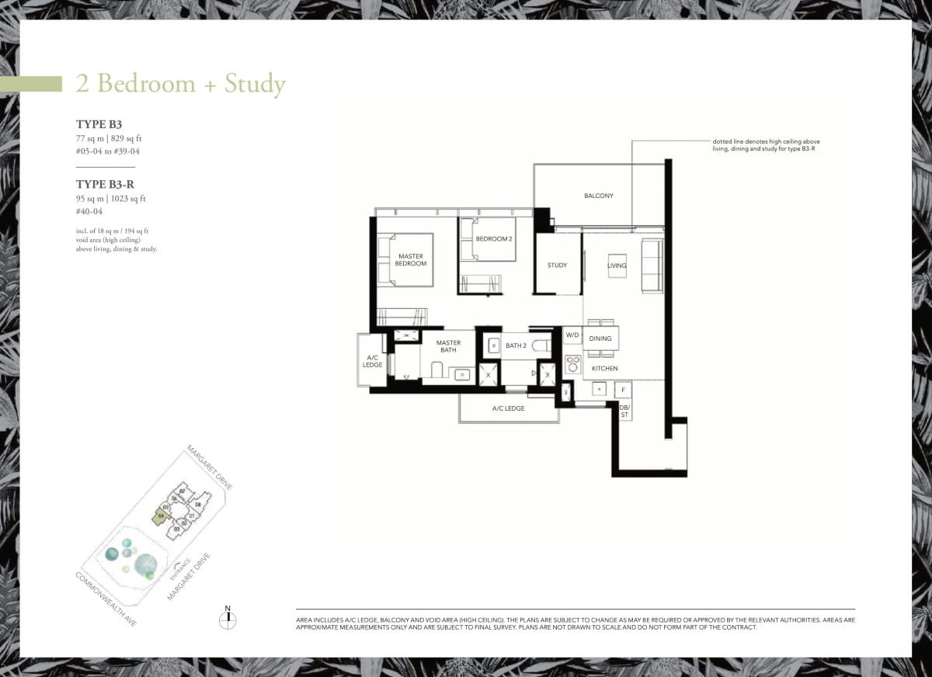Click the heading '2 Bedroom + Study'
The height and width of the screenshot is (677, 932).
pyautogui.click(x=180, y=84)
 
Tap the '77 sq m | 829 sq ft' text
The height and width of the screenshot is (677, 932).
pyautogui.click(x=109, y=138)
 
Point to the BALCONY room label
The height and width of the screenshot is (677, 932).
pyautogui.click(x=598, y=196)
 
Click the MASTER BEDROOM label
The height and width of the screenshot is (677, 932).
pyautogui.click(x=411, y=259)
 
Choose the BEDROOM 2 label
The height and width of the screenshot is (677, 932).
pyautogui.click(x=494, y=238)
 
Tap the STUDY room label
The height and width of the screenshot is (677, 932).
pyautogui.click(x=557, y=266)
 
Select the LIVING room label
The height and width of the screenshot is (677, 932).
pyautogui.click(x=617, y=266)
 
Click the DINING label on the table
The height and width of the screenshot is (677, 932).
pyautogui.click(x=600, y=338)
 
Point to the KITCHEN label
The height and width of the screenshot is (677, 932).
pyautogui.click(x=604, y=368)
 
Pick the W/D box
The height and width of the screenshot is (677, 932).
pyautogui.click(x=572, y=335)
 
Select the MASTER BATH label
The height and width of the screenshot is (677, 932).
pyautogui.click(x=448, y=346)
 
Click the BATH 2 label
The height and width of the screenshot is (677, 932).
pyautogui.click(x=516, y=345)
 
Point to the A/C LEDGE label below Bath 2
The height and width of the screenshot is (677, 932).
pyautogui.click(x=509, y=408)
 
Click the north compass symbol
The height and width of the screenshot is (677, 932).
pyautogui.click(x=228, y=620)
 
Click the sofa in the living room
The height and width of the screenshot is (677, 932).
pyautogui.click(x=652, y=266)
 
